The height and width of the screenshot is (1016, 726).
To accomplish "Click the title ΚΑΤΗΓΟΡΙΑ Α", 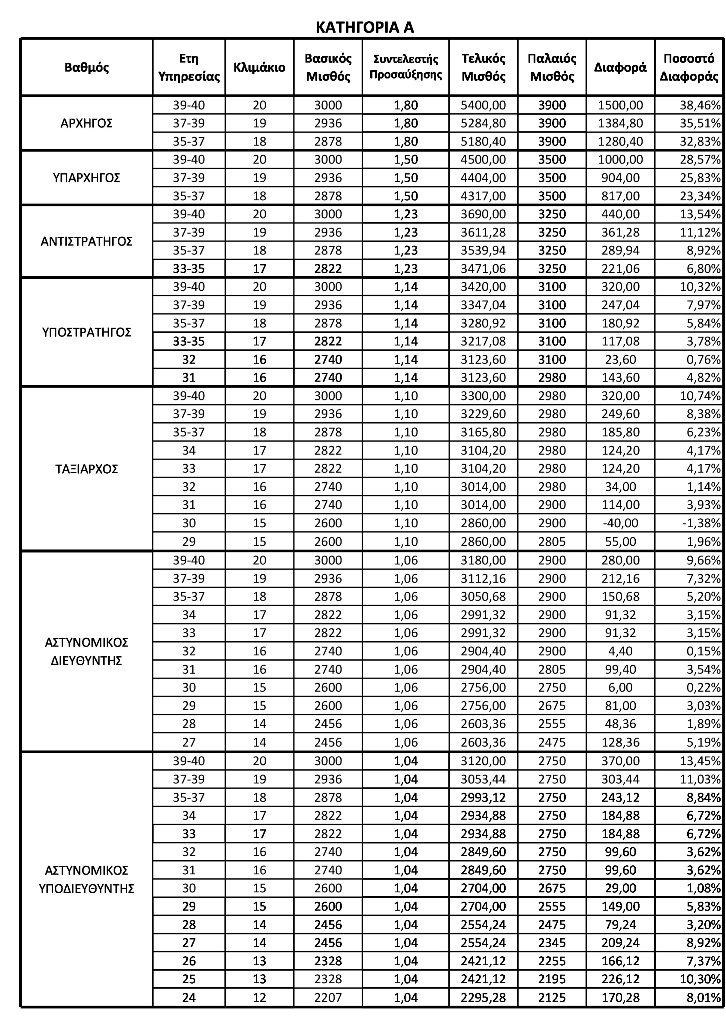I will pyautogui.click(x=365, y=28).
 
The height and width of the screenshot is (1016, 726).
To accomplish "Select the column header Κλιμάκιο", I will pyautogui.click(x=259, y=67).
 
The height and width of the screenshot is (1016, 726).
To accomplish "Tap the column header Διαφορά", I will pyautogui.click(x=620, y=67).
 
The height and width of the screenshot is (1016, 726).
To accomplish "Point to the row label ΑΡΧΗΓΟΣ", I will pyautogui.click(x=86, y=123).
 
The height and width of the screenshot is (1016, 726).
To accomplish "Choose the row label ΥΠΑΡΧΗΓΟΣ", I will pyautogui.click(x=86, y=178).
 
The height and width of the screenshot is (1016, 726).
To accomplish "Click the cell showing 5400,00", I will pyautogui.click(x=483, y=106).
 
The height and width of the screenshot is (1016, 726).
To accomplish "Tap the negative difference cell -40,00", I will pyautogui.click(x=620, y=523).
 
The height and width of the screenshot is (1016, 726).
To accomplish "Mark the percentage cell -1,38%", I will pyautogui.click(x=701, y=523).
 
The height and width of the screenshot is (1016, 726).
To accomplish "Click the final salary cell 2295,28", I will pyautogui.click(x=483, y=998).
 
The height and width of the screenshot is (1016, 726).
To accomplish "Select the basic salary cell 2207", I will pyautogui.click(x=328, y=998).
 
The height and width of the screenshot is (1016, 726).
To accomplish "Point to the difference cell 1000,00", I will pyautogui.click(x=620, y=160).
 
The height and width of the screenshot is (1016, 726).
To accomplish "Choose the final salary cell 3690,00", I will pyautogui.click(x=483, y=214).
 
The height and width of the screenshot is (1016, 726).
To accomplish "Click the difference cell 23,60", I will pyautogui.click(x=620, y=360).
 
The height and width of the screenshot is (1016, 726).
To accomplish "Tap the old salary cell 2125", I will pyautogui.click(x=552, y=998).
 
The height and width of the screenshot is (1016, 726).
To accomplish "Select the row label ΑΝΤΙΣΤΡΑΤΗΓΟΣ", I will pyautogui.click(x=86, y=241).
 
